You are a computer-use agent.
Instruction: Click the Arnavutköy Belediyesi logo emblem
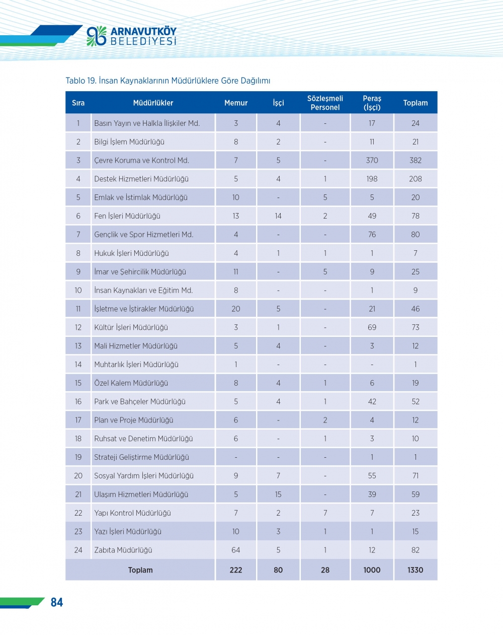(x=97, y=36)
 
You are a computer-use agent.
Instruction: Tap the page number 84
(x=57, y=602)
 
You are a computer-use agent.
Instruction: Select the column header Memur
(x=236, y=103)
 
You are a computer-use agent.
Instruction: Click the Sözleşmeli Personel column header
(x=325, y=103)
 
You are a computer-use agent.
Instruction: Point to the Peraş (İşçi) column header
(x=372, y=103)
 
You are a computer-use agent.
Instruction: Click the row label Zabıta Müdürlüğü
(x=123, y=550)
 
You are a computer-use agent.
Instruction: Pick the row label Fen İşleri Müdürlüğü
(x=127, y=216)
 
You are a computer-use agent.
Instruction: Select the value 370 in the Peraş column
(x=372, y=160)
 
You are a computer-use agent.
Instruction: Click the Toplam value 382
(x=415, y=160)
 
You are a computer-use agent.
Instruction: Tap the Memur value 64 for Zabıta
(x=236, y=550)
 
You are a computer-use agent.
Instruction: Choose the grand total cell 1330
(x=415, y=570)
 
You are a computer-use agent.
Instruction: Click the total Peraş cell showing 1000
(x=372, y=570)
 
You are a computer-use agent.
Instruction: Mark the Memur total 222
(x=236, y=570)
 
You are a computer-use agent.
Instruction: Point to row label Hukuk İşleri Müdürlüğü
(x=131, y=253)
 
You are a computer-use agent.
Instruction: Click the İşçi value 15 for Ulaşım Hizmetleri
(x=278, y=495)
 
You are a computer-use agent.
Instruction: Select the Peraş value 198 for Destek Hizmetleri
(x=372, y=179)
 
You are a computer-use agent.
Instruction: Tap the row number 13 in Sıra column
(x=78, y=346)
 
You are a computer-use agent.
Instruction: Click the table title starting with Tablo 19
(x=168, y=81)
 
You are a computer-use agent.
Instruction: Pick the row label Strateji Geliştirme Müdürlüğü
(x=141, y=457)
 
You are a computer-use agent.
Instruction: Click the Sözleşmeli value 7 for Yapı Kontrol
(x=325, y=513)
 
